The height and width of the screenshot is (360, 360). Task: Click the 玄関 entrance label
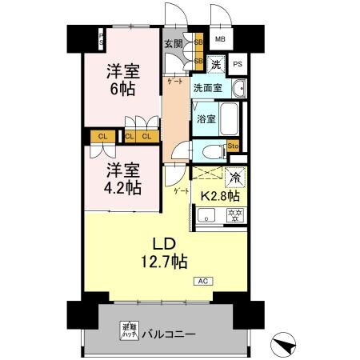[x=173, y=44]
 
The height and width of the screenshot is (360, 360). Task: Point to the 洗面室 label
[x=207, y=88]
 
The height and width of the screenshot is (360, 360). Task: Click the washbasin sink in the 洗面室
[x=238, y=87]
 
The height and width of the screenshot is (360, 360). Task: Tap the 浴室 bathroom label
[x=206, y=119]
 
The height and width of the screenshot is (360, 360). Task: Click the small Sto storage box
[x=234, y=146]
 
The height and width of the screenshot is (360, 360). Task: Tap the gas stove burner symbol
[x=236, y=214]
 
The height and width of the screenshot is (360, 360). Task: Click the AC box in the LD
[x=204, y=281]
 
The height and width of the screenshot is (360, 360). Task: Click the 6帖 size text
[x=123, y=88]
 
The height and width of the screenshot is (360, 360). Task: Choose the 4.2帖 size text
[x=122, y=188]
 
